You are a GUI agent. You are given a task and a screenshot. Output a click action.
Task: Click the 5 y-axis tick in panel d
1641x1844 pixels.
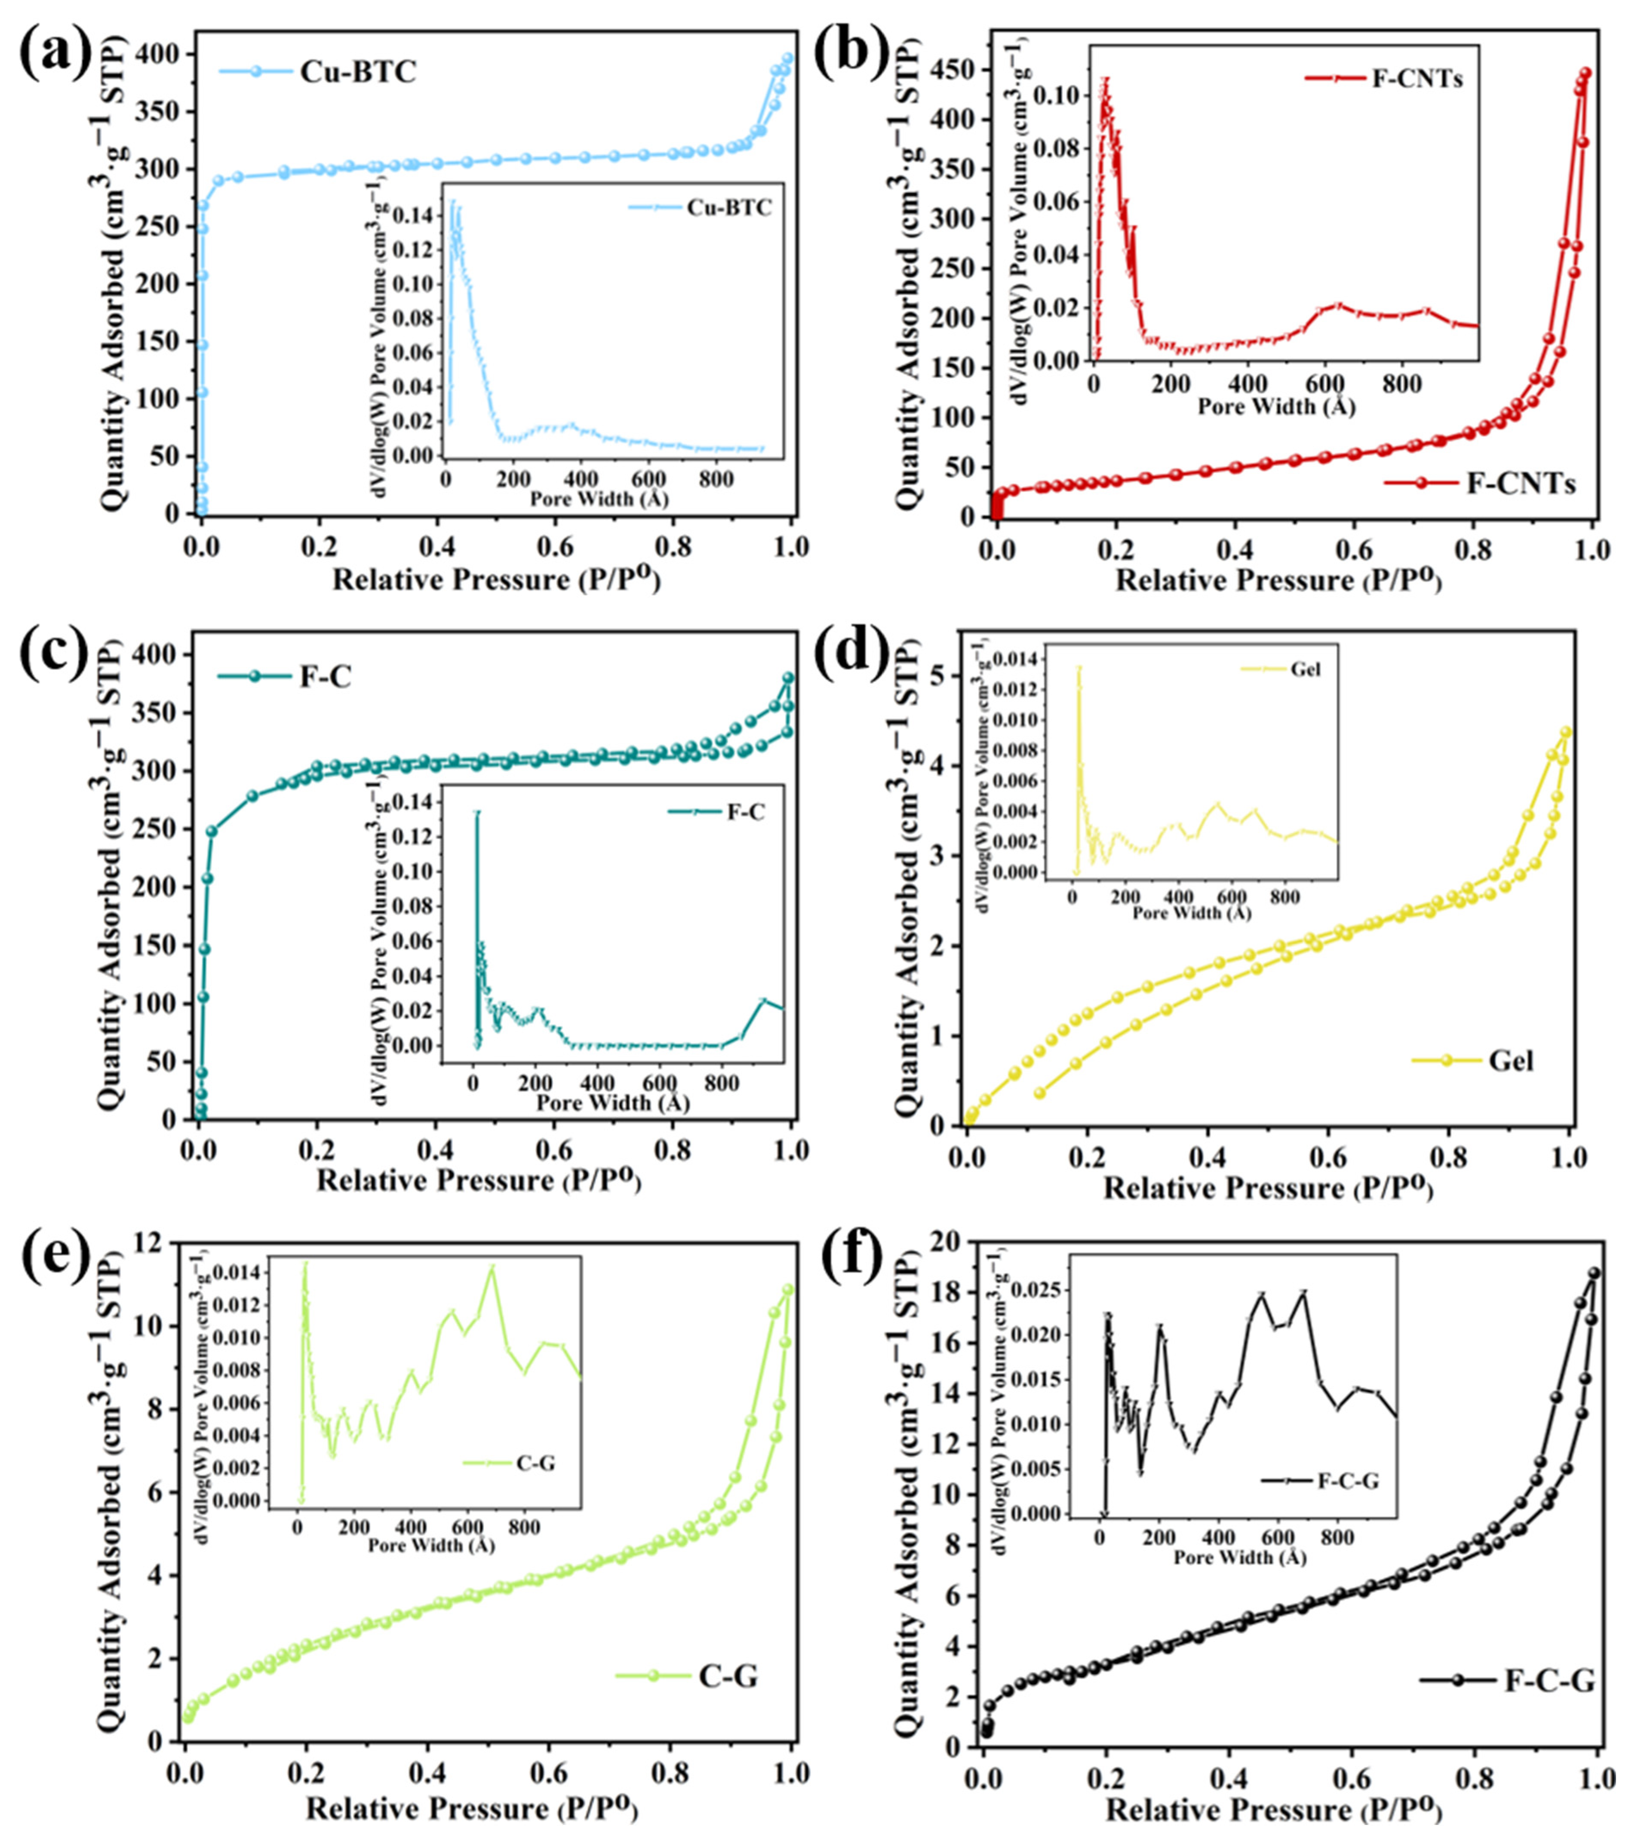click(x=942, y=676)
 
